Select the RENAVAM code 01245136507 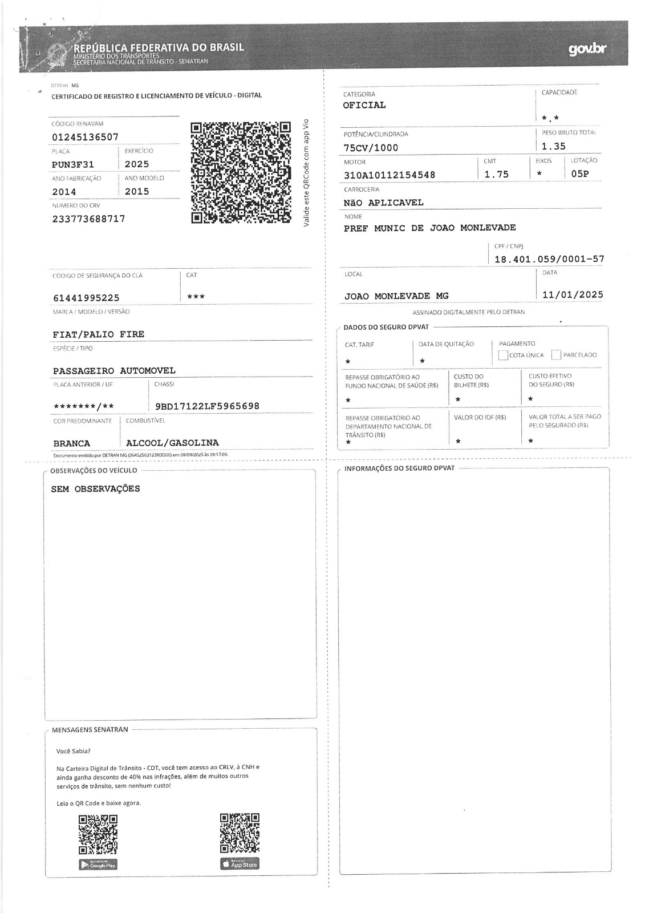[x=85, y=137]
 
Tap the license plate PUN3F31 [x=73, y=164]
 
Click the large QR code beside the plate [x=241, y=172]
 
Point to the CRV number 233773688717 [x=88, y=219]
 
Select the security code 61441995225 [x=86, y=298]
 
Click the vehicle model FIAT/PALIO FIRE [x=99, y=334]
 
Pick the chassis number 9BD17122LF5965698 [x=207, y=406]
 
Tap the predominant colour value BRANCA [x=72, y=443]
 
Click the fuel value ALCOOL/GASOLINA [x=172, y=443]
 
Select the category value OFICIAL [x=364, y=105]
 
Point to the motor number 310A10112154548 [x=390, y=175]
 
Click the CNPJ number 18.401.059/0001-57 [x=549, y=259]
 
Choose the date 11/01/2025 [x=573, y=295]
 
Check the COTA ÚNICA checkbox [x=503, y=355]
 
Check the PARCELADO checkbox [x=557, y=355]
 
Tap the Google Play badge [x=98, y=864]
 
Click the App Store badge [x=240, y=864]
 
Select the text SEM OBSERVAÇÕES [x=95, y=489]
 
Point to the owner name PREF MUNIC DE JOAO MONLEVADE [x=429, y=228]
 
